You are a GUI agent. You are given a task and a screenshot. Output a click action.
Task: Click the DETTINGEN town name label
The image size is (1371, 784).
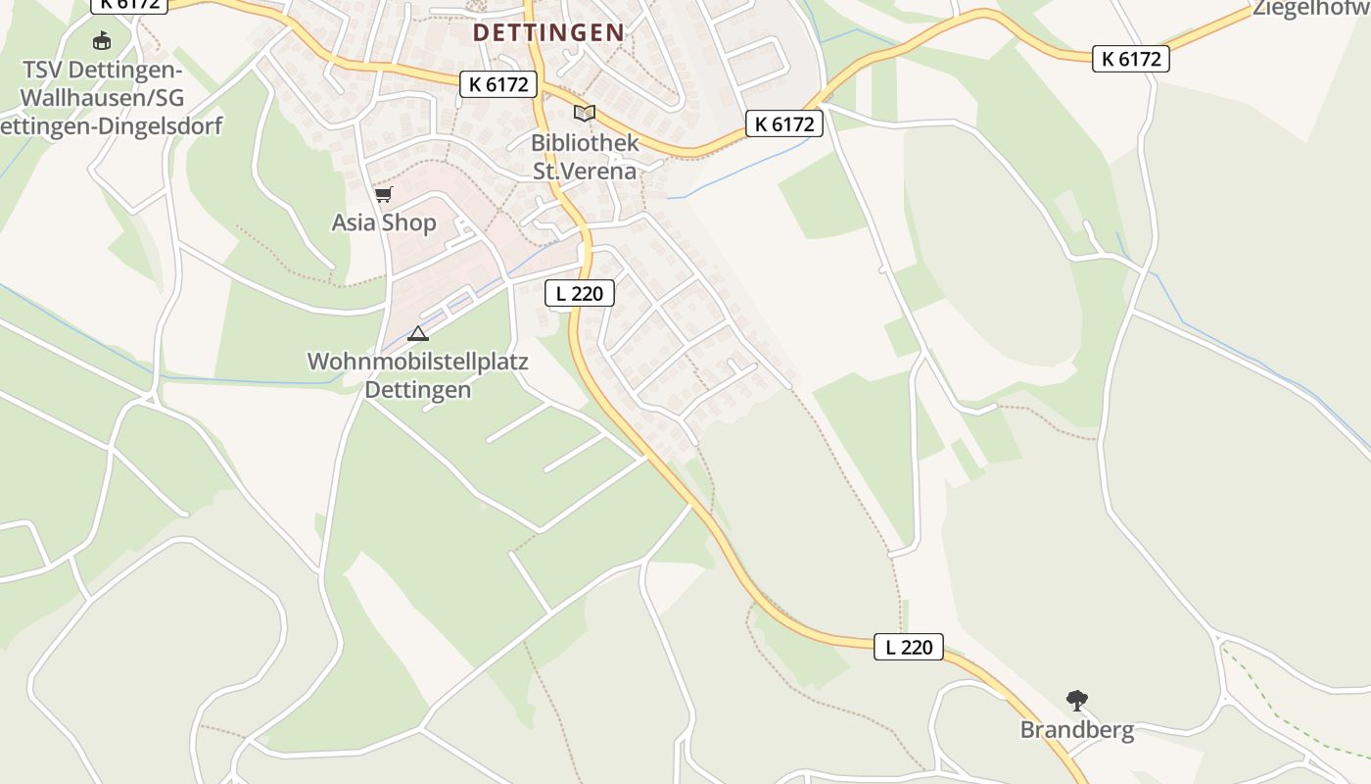[548, 32]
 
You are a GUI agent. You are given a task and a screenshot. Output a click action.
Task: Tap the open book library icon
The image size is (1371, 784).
[585, 114]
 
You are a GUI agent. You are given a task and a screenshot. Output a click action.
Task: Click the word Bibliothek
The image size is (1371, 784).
[585, 142]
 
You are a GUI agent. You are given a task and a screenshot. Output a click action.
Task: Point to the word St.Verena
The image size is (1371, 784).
[585, 171]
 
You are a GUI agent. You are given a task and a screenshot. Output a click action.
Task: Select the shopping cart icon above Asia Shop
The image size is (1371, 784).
[383, 195]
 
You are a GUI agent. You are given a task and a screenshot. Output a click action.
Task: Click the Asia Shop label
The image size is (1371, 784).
[384, 222]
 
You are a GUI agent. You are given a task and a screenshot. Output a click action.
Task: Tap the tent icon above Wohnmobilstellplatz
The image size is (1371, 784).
[418, 333]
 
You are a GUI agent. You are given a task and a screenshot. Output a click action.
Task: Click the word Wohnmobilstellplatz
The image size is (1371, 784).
[418, 362]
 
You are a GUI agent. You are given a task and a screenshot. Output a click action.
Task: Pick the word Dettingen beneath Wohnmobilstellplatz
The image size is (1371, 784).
[418, 389]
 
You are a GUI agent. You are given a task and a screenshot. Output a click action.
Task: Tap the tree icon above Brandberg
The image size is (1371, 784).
[1077, 701]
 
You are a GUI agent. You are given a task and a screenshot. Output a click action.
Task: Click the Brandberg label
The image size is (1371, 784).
[1077, 729]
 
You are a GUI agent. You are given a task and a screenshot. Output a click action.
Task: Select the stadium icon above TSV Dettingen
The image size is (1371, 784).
[102, 41]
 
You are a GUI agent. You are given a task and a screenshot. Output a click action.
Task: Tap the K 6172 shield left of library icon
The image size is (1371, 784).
[498, 84]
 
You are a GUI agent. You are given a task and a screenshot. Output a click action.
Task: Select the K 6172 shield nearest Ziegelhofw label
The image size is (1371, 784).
[1131, 59]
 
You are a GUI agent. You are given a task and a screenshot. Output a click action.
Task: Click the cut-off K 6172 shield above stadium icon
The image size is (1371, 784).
[130, 4]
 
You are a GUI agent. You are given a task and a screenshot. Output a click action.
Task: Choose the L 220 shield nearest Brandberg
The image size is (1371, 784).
[909, 647]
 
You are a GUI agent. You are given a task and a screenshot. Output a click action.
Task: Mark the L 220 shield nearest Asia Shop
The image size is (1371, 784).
[579, 292]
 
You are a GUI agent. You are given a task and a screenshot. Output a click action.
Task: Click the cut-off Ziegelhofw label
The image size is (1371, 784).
[1312, 9]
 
